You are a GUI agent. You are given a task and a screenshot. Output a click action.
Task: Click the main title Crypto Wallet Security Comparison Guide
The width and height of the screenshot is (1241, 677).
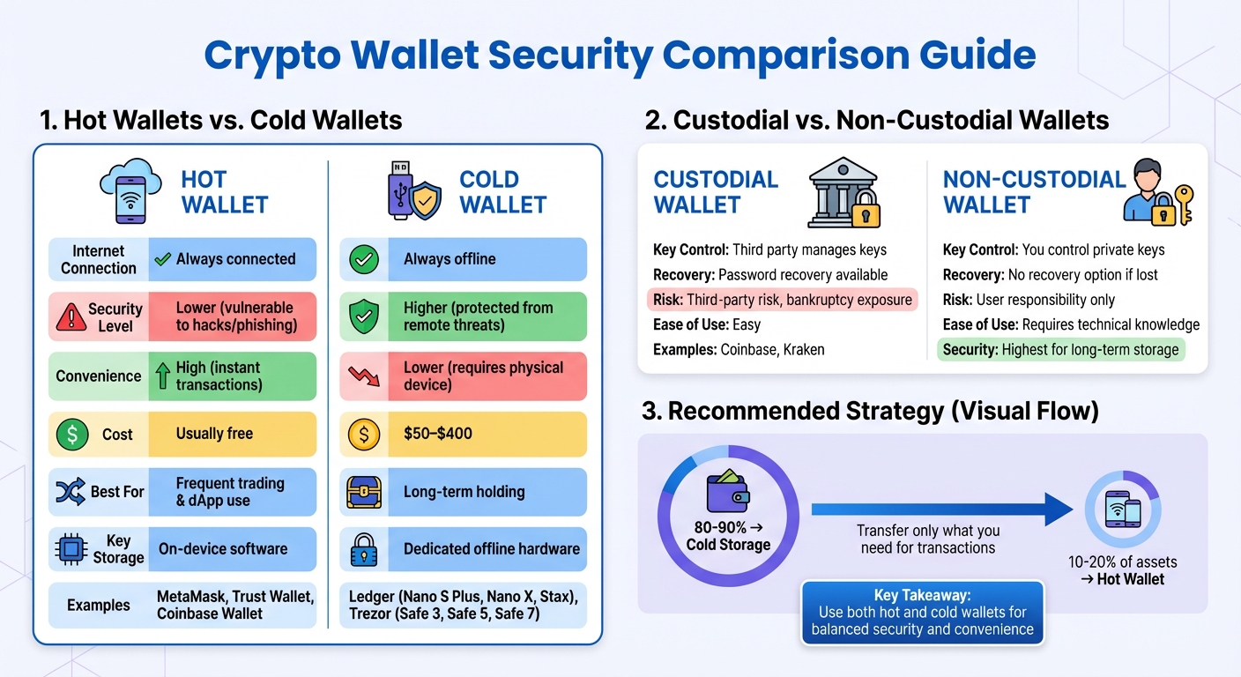click(x=620, y=55)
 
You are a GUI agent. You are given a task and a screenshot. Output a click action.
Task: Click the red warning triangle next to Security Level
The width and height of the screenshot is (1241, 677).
click(x=71, y=316)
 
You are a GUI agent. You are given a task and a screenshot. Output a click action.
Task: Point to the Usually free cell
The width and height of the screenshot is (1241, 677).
click(x=231, y=434)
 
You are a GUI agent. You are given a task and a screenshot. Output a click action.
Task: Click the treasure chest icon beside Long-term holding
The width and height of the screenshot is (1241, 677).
click(x=363, y=492)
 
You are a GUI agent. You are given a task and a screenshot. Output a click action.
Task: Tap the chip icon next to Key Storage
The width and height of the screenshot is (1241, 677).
click(x=71, y=549)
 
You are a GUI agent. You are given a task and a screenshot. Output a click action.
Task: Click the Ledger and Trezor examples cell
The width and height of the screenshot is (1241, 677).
click(x=463, y=605)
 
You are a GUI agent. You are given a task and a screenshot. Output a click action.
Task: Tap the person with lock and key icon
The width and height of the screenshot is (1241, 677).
click(x=1156, y=191)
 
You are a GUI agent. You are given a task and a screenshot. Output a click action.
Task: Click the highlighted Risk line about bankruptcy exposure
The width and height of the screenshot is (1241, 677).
click(x=782, y=300)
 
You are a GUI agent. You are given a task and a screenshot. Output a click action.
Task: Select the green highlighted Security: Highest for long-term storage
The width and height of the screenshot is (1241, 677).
click(x=1060, y=349)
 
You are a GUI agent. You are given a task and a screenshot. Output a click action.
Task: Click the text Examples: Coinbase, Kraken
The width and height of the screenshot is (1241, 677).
click(x=739, y=349)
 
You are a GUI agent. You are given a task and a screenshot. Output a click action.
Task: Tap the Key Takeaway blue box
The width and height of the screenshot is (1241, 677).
click(x=922, y=613)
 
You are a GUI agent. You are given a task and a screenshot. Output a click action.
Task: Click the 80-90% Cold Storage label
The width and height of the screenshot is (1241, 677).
click(x=728, y=536)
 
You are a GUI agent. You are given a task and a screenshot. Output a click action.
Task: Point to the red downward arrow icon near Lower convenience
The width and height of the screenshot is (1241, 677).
click(x=363, y=376)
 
